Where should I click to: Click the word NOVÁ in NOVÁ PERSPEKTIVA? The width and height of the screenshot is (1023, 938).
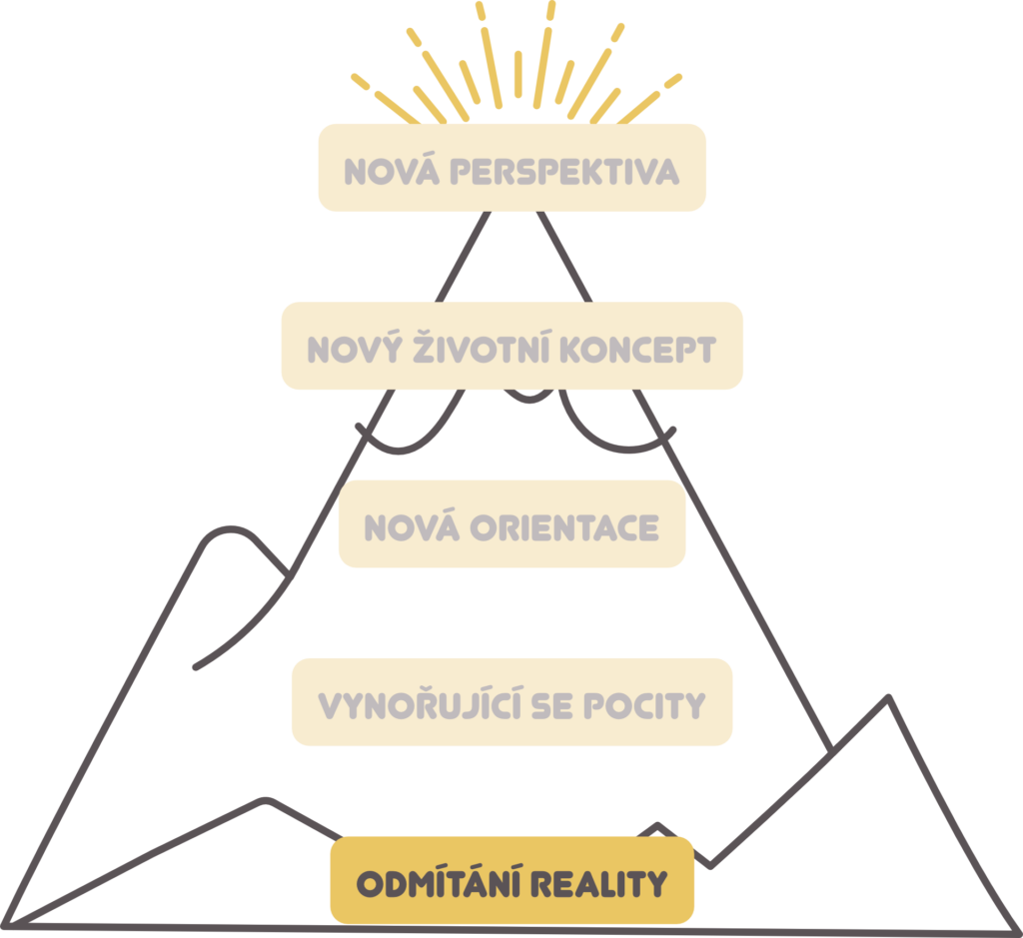(x=392, y=170)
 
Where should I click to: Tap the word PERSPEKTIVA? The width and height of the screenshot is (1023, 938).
(x=565, y=171)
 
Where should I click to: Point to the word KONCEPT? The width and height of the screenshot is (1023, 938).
(x=638, y=350)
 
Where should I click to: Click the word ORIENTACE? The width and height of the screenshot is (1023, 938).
(x=564, y=527)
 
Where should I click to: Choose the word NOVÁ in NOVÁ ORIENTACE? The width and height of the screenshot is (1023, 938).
(x=412, y=525)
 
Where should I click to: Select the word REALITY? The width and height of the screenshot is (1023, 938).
(x=599, y=884)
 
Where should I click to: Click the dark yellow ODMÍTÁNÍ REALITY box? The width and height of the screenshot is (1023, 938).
(x=512, y=880)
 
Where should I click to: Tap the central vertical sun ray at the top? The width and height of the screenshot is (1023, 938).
(x=518, y=74)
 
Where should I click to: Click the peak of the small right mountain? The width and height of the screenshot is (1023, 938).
(x=888, y=698)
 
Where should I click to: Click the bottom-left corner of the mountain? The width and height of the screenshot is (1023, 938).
(x=5, y=925)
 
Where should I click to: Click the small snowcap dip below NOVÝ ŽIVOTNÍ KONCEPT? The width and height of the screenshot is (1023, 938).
(x=529, y=398)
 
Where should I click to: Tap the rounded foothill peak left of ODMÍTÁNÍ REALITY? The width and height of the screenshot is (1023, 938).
(x=264, y=800)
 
